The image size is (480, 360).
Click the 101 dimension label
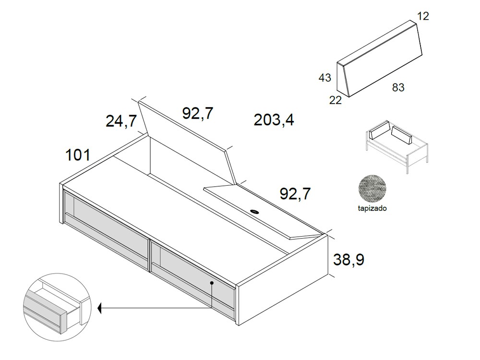(x=78, y=155)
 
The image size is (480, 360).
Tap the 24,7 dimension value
(x=121, y=121)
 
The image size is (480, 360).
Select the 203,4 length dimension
(x=274, y=120)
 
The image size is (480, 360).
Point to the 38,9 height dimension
(x=349, y=260)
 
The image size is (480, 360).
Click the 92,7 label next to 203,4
(x=198, y=113)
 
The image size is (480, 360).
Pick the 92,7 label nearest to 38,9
(x=295, y=194)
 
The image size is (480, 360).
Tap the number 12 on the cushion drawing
(x=423, y=16)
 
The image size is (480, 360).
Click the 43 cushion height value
(x=325, y=77)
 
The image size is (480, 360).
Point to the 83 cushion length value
(x=398, y=87)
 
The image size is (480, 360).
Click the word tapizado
(x=372, y=209)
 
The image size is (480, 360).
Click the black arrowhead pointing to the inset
(x=100, y=308)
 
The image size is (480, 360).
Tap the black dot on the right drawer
(x=212, y=283)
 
